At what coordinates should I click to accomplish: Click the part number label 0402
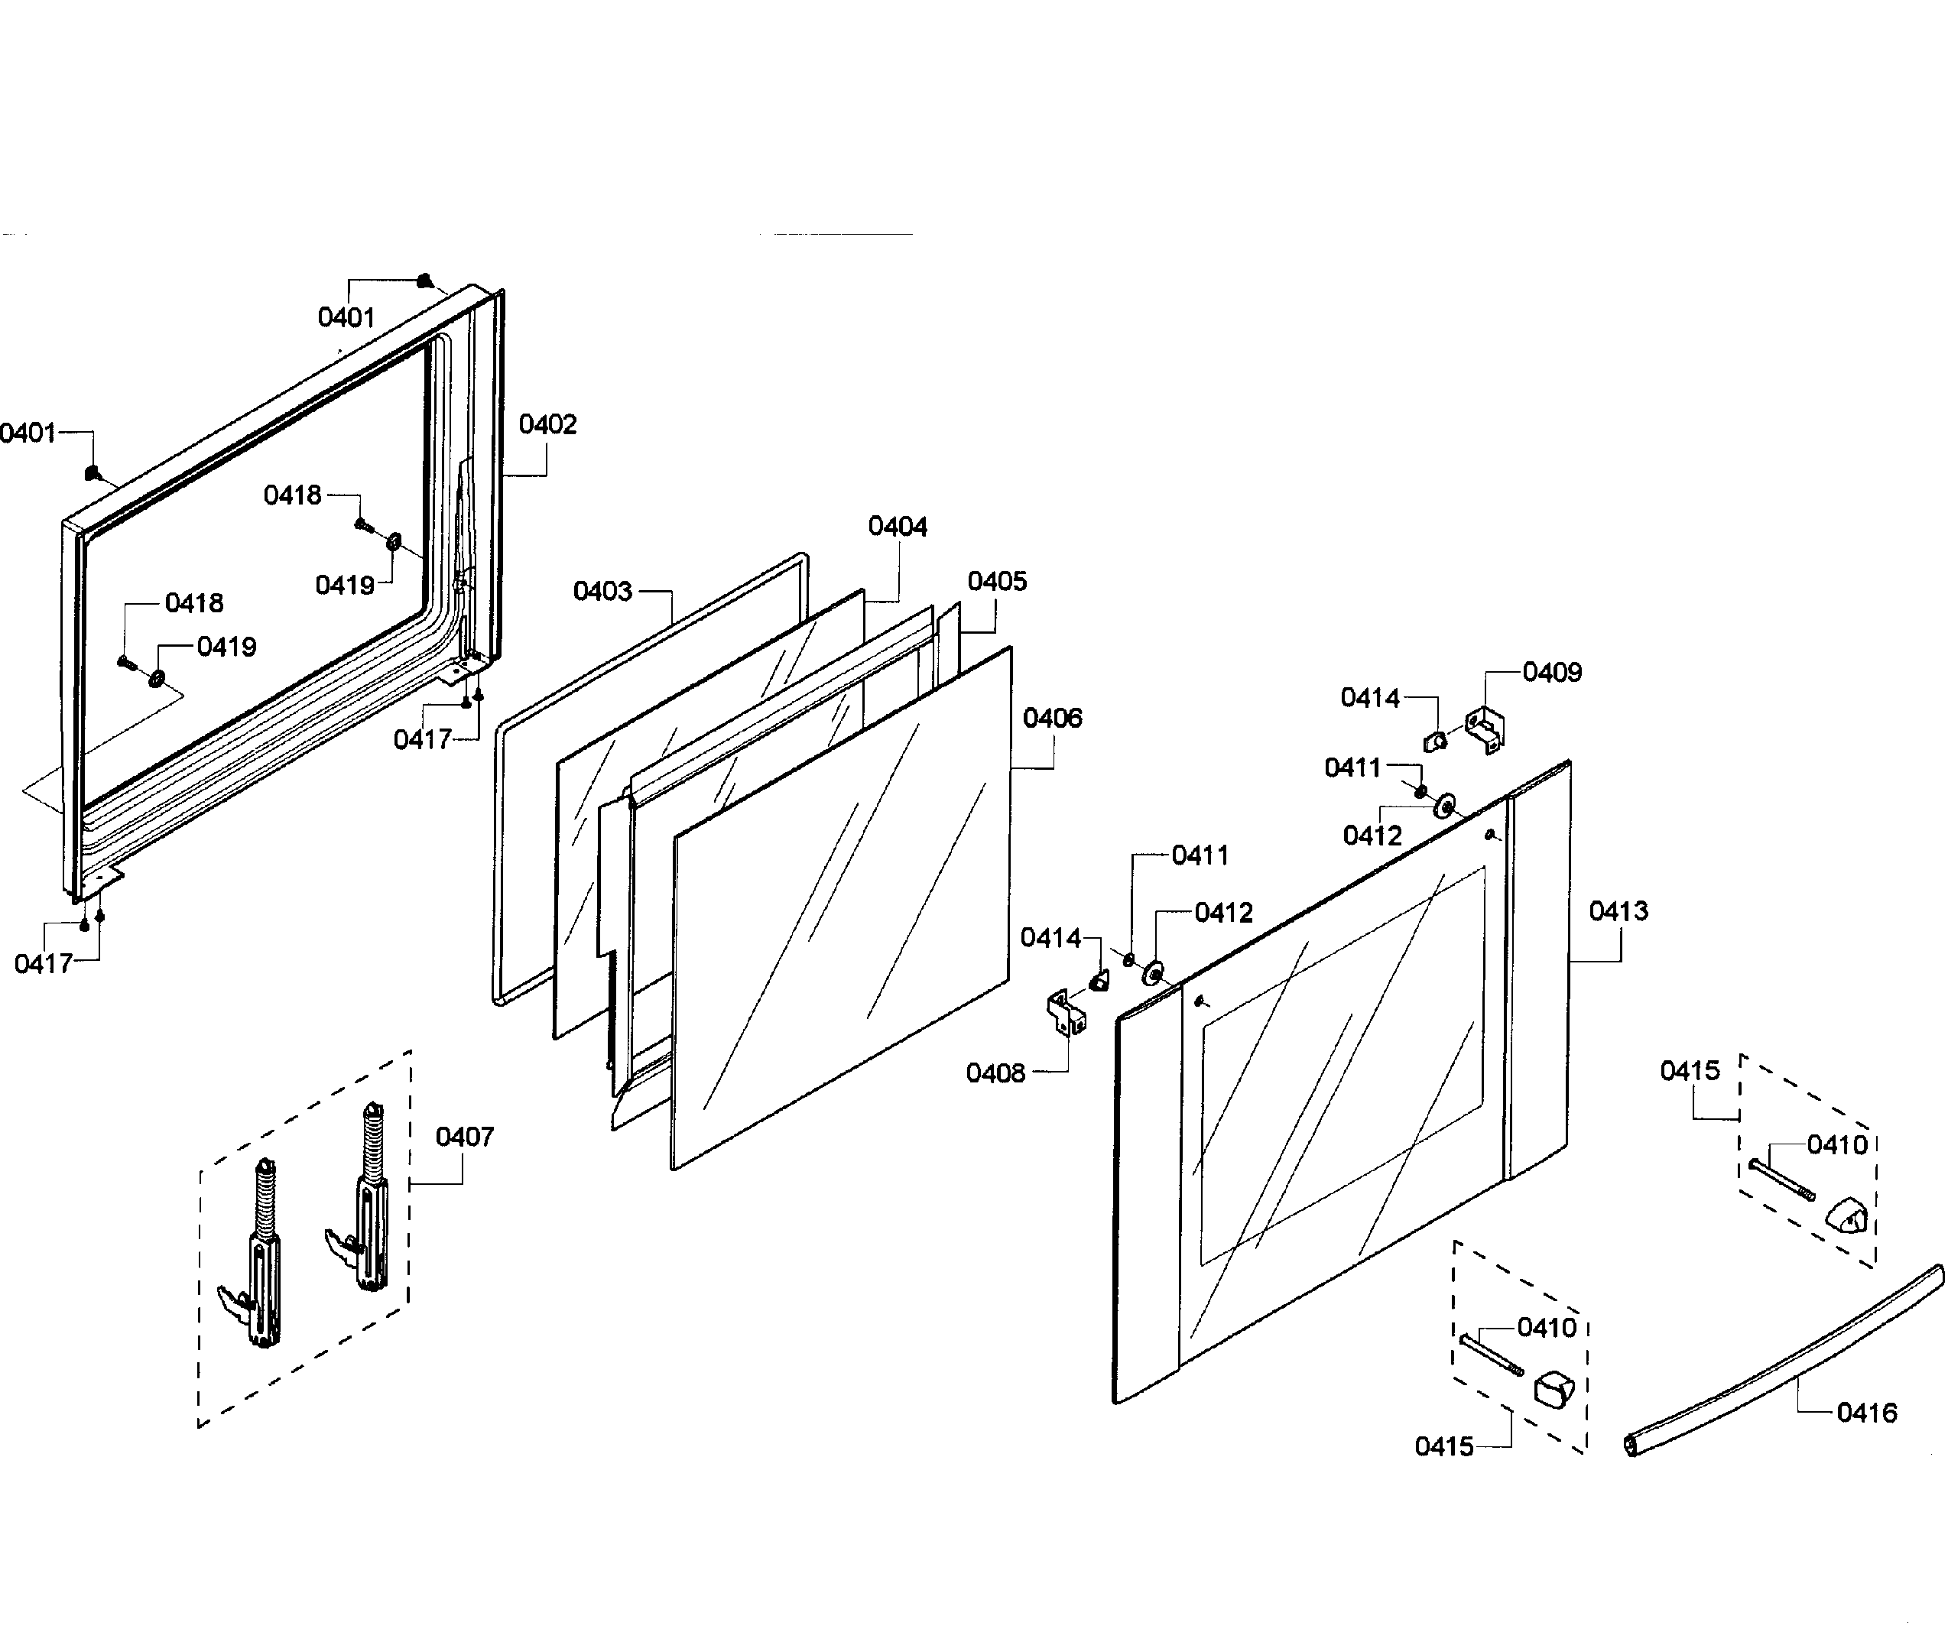pyautogui.click(x=547, y=425)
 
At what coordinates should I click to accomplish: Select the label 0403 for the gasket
pyautogui.click(x=602, y=592)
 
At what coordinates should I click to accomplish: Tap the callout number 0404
pyautogui.click(x=898, y=527)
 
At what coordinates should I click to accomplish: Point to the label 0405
pyautogui.click(x=997, y=582)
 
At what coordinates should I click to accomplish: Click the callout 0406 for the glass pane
pyautogui.click(x=1053, y=719)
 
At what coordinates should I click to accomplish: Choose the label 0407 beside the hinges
pyautogui.click(x=464, y=1137)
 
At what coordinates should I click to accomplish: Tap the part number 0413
pyautogui.click(x=1618, y=911)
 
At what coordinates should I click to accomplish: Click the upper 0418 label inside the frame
pyautogui.click(x=292, y=496)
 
